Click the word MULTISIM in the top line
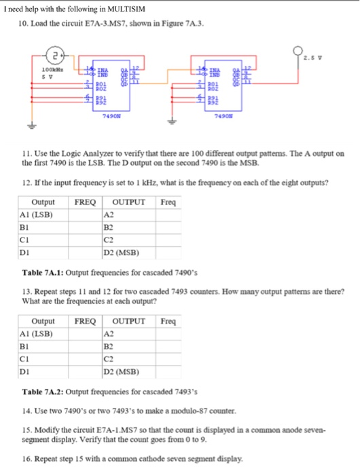[x=105, y=7]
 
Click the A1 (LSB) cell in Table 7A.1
[x=36, y=215]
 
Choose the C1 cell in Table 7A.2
[x=24, y=359]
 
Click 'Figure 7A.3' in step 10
[x=183, y=24]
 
